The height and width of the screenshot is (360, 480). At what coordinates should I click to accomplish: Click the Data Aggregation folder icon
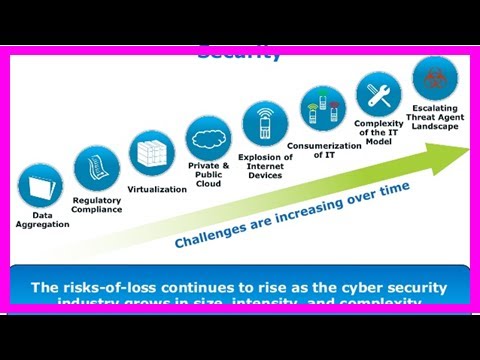41,187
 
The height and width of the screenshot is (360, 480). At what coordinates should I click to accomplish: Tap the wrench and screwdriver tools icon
379,94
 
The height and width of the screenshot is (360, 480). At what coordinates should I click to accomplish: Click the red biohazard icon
435,78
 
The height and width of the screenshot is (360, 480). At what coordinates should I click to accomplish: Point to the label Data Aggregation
42,220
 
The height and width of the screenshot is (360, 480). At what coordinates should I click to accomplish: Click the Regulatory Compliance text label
97,205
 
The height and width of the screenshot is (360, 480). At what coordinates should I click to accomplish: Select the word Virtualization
158,189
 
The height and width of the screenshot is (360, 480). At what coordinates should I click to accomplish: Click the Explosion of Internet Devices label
265,167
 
